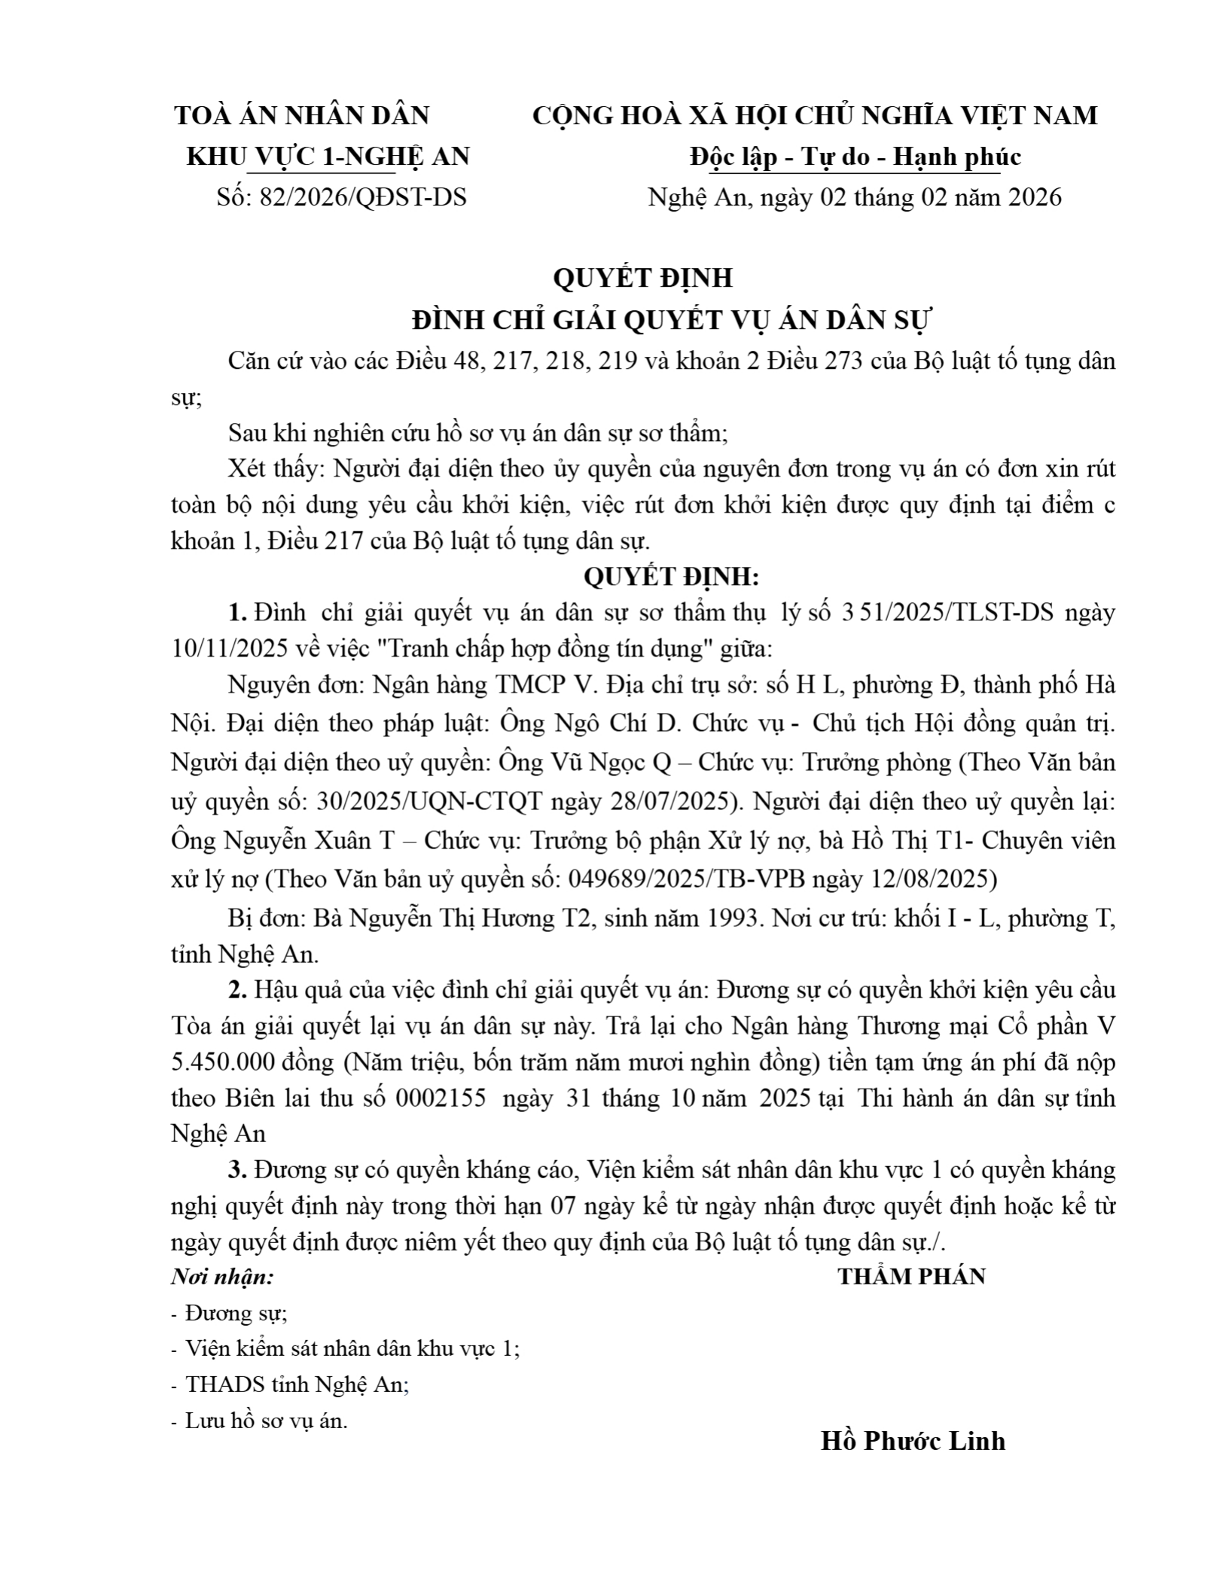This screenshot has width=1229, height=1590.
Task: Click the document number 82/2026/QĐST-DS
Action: click(x=362, y=197)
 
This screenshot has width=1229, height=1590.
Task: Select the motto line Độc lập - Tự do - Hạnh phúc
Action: click(x=855, y=157)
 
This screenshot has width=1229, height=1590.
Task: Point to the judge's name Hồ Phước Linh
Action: click(x=913, y=1440)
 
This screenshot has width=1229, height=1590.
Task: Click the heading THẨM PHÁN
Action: click(x=912, y=1276)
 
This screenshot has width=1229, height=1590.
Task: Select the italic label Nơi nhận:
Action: click(x=222, y=1277)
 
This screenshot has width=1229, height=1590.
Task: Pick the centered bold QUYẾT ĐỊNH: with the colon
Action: click(x=672, y=577)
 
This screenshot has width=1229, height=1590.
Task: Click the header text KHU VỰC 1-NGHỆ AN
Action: click(x=328, y=157)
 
